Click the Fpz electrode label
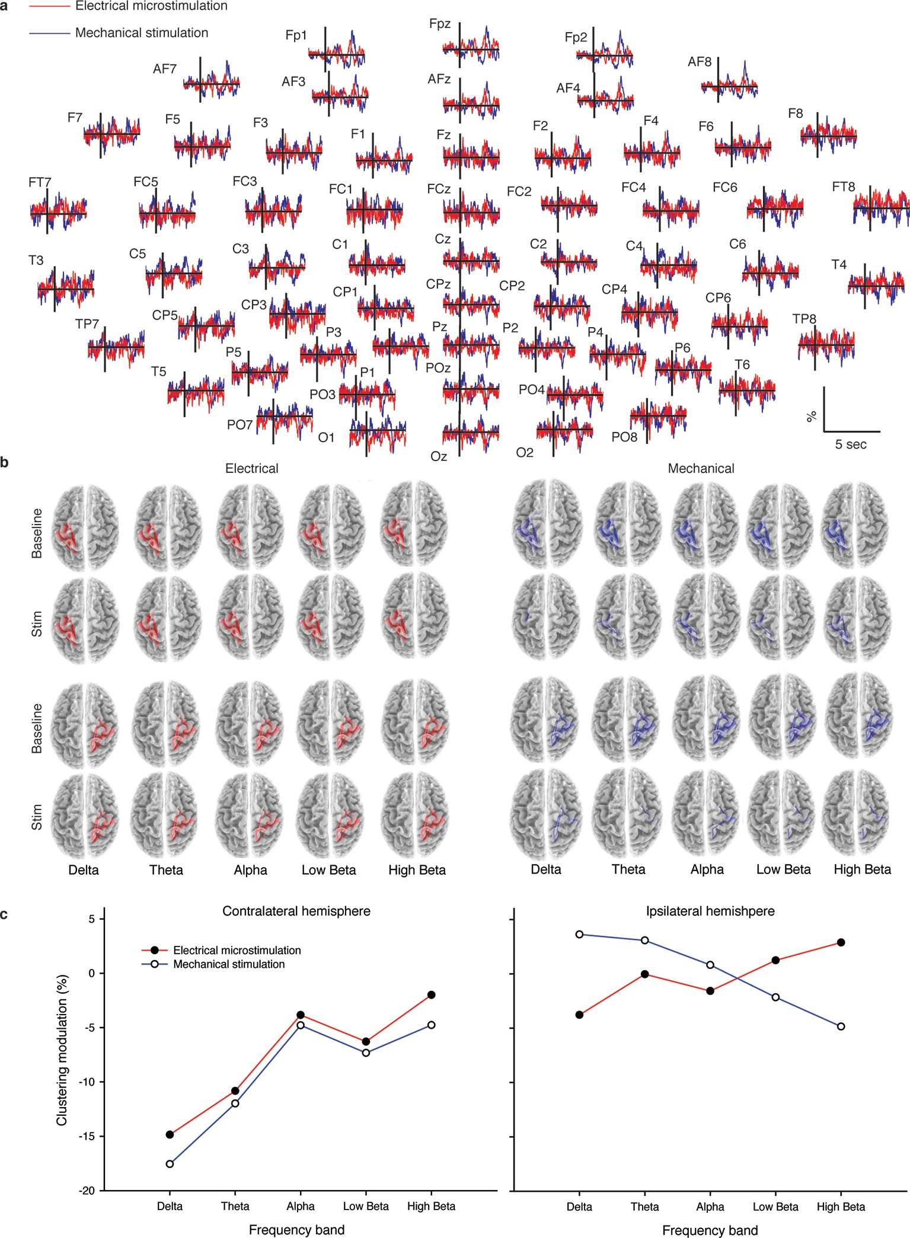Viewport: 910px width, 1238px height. coord(440,24)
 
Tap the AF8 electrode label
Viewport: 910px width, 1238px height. coord(700,62)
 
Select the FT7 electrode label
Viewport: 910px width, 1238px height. coord(40,183)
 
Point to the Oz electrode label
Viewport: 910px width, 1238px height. coord(439,456)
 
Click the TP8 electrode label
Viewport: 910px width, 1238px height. coord(804,319)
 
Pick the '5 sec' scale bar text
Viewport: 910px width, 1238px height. coord(851,444)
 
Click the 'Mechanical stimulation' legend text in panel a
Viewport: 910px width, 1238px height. coord(142,33)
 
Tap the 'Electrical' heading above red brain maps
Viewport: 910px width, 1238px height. coord(251,469)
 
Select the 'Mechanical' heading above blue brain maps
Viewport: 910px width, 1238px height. coord(701,469)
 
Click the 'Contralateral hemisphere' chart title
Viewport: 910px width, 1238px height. coord(296,911)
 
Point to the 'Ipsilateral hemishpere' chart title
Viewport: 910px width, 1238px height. coord(710,911)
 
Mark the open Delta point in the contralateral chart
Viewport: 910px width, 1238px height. coord(170,1164)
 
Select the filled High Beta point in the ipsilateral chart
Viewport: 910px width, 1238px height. coord(841,942)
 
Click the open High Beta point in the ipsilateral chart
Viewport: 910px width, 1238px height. coord(841,1026)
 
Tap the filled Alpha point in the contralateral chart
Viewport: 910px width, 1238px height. coord(301,1015)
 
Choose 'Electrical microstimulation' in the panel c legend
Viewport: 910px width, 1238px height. coord(237,951)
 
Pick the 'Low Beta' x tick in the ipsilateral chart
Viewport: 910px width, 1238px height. coord(775,1207)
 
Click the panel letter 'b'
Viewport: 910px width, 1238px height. coord(5,463)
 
